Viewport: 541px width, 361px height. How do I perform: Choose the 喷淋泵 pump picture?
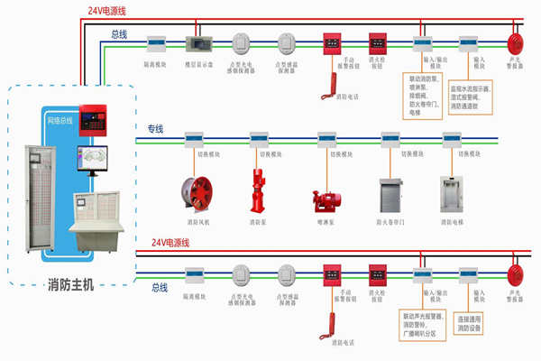pyautogui.click(x=326, y=201)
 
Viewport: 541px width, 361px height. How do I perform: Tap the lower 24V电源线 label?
pyautogui.click(x=172, y=243)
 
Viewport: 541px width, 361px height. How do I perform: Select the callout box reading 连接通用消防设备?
pyautogui.click(x=475, y=322)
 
